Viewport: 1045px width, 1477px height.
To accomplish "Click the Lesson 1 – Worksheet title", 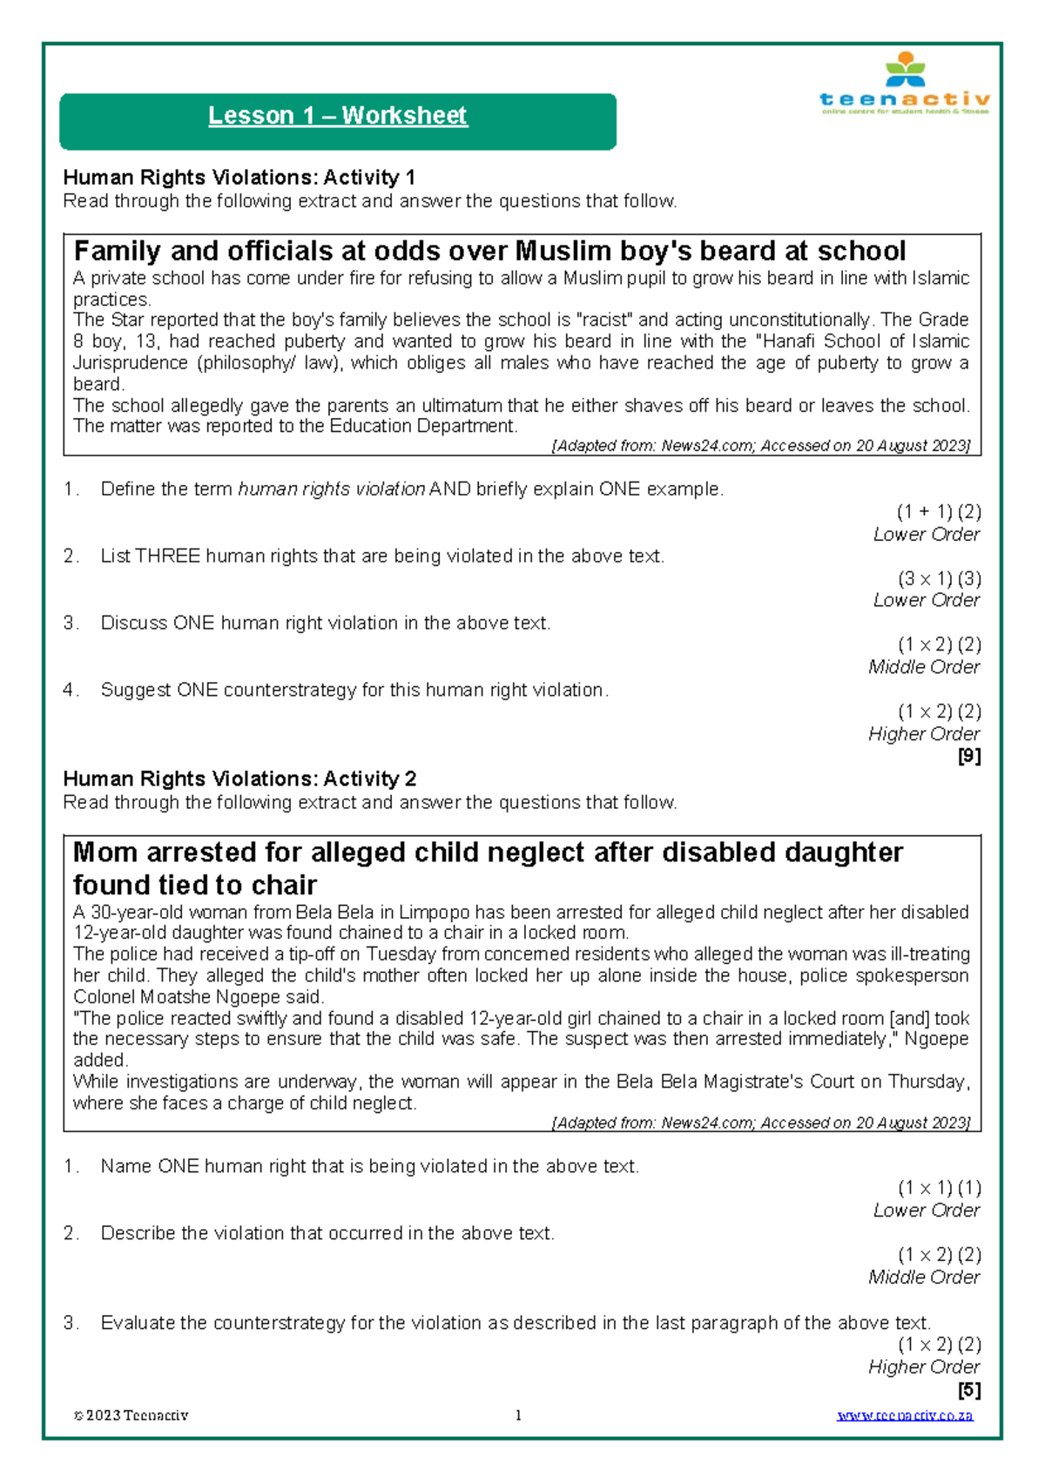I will pyautogui.click(x=337, y=116).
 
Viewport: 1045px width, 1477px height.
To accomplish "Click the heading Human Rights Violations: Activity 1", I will pyautogui.click(x=239, y=178).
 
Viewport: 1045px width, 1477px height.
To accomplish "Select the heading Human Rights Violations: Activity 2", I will pyautogui.click(x=239, y=779).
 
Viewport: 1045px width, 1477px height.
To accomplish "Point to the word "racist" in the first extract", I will pyautogui.click(x=605, y=320).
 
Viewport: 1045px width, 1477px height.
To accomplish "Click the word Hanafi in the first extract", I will pyautogui.click(x=791, y=341).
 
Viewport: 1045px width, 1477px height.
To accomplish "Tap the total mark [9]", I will pyautogui.click(x=969, y=756).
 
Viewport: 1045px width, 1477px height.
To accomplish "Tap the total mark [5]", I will pyautogui.click(x=969, y=1390).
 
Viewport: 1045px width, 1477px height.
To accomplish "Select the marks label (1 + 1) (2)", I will pyautogui.click(x=939, y=512).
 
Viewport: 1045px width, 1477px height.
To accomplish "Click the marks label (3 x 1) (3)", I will pyautogui.click(x=939, y=579).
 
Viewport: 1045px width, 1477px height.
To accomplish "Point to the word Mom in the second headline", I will pyautogui.click(x=105, y=853).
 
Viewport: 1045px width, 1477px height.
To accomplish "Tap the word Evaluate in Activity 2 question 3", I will pyautogui.click(x=138, y=1323).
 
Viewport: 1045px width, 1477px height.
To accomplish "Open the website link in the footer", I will pyautogui.click(x=905, y=1416).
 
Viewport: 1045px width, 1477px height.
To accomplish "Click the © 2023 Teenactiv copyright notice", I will pyautogui.click(x=131, y=1416).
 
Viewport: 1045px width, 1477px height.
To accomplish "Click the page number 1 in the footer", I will pyautogui.click(x=519, y=1416).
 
